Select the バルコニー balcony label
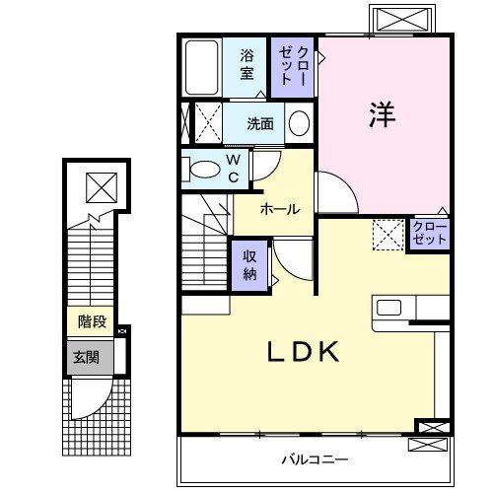pos(314,459)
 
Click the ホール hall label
pos(281,210)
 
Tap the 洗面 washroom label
pos(260,124)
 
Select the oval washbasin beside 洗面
pos(299,123)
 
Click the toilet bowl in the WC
pos(207,170)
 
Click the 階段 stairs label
pos(92,321)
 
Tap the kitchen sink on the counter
pos(388,307)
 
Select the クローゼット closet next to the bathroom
pos(296,65)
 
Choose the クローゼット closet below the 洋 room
pos(430,235)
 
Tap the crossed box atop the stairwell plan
pos(100,184)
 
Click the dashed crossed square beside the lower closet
pos(387,234)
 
